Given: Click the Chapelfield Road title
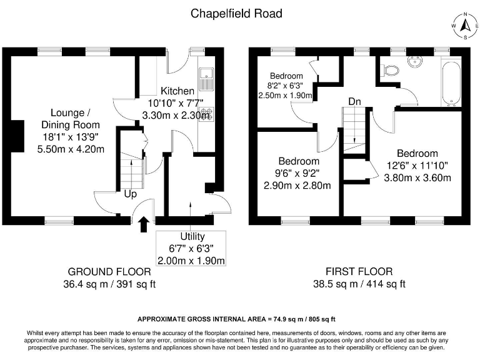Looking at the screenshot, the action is point(236,14).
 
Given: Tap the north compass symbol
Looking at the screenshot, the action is point(466,26).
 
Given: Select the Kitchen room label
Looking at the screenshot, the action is point(177,91).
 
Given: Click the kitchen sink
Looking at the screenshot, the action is point(206,79).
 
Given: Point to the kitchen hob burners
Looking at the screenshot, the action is point(206,115).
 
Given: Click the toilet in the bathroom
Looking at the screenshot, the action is point(389,70).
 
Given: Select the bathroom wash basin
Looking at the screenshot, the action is point(415,61).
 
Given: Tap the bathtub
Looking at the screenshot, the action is point(451,83).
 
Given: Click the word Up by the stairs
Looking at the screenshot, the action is point(131,194).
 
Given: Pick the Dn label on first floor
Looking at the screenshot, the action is point(354,101).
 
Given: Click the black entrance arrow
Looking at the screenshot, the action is point(144,225).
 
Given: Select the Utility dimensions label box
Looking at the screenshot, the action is point(191,248).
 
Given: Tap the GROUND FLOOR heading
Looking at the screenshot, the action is point(109,272).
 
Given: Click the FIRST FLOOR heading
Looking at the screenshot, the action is point(359,271).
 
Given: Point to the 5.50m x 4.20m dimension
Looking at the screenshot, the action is point(71,149).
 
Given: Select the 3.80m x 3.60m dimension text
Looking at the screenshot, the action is point(417,178).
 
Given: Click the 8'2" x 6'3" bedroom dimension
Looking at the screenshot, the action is point(285,86).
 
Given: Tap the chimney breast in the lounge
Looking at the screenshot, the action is point(17,136).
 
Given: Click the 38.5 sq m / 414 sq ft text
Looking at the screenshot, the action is point(359,284).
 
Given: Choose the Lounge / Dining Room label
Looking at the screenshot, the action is point(71,119).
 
